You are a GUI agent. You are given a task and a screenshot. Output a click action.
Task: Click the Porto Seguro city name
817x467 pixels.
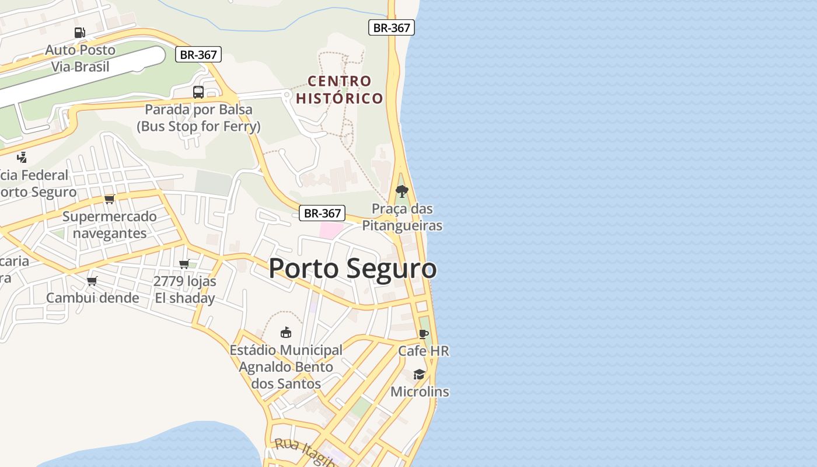(352, 269)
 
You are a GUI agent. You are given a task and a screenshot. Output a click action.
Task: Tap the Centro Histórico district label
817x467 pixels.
(340, 89)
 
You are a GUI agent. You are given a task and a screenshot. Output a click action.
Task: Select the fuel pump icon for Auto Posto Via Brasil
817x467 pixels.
(80, 33)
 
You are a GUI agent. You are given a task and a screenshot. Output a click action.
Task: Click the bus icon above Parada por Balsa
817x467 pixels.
(198, 92)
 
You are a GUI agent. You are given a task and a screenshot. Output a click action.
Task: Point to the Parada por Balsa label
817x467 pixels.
(198, 117)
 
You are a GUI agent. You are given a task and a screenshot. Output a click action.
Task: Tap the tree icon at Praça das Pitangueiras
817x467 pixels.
(401, 191)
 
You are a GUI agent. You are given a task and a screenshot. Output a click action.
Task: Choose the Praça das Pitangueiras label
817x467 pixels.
(402, 217)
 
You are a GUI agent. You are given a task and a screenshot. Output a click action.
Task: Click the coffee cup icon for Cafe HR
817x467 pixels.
(424, 334)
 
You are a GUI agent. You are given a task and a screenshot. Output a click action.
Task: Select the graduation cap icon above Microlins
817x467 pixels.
(419, 374)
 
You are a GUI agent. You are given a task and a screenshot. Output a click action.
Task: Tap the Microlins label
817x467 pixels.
(420, 392)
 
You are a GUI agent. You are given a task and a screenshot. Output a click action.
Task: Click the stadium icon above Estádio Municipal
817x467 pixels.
(286, 333)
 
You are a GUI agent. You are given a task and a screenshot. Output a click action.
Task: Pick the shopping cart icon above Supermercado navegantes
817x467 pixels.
(109, 199)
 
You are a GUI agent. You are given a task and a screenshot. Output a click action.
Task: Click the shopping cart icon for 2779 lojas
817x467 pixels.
(184, 264)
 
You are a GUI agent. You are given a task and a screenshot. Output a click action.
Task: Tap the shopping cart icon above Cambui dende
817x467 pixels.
(92, 281)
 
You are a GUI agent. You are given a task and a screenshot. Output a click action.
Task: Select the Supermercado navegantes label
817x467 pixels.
(109, 225)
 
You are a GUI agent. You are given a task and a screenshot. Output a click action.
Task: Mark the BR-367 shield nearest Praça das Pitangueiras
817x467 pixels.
(322, 213)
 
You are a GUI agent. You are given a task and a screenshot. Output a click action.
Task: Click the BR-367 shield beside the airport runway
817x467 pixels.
(198, 55)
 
